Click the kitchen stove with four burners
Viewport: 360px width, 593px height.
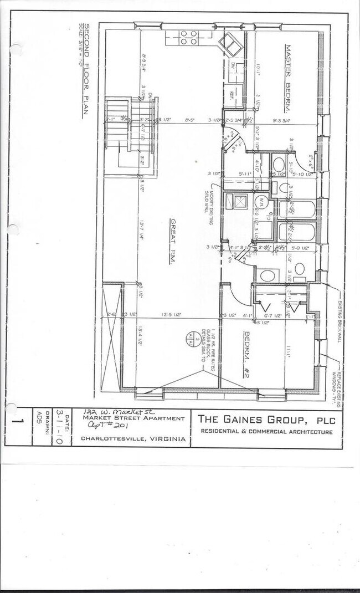tap(189, 38)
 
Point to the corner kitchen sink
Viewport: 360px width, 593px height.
tap(230, 44)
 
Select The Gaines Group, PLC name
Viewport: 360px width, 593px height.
tap(266, 419)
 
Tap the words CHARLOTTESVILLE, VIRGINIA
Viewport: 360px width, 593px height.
tap(132, 438)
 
